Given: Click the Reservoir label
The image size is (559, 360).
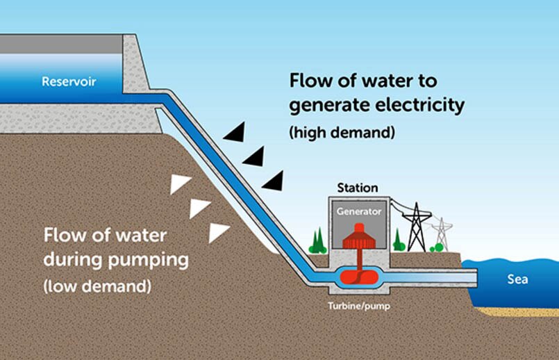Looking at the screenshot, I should pyautogui.click(x=69, y=82).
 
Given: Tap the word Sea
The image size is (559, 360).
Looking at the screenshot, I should pyautogui.click(x=517, y=279).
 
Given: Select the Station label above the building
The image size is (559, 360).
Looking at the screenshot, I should pyautogui.click(x=357, y=188).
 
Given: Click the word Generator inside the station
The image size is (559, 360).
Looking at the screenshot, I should pyautogui.click(x=359, y=211).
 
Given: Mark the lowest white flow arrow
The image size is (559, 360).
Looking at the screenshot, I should pyautogui.click(x=219, y=231).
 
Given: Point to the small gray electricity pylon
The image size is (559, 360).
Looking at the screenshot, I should pyautogui.click(x=441, y=234).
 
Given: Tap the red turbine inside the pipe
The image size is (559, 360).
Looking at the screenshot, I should pyautogui.click(x=359, y=277).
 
